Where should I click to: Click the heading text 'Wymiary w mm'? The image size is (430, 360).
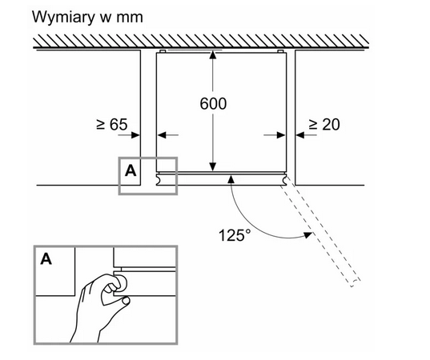pyautogui.click(x=87, y=17)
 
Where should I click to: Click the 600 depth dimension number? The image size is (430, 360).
pyautogui.click(x=213, y=103)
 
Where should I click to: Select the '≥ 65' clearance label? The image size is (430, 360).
pyautogui.click(x=112, y=124)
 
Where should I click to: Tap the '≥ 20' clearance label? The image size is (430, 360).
pyautogui.click(x=324, y=124)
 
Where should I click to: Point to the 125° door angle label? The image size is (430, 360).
pyautogui.click(x=235, y=235)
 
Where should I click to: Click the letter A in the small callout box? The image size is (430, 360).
pyautogui.click(x=131, y=171)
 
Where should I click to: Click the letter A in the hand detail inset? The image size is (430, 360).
pyautogui.click(x=46, y=258)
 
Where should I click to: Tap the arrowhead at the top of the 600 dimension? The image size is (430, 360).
pyautogui.click(x=213, y=54)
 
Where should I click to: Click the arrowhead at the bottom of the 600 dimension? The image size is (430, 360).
pyautogui.click(x=213, y=167)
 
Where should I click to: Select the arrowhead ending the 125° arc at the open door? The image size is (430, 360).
pyautogui.click(x=308, y=234)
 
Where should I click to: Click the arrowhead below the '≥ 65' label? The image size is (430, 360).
pyautogui.click(x=135, y=134)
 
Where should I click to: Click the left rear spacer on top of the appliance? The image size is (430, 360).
pyautogui.click(x=162, y=51)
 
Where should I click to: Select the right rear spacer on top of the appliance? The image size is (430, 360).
pyautogui.click(x=280, y=51)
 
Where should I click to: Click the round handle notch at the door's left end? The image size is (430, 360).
pyautogui.click(x=159, y=179)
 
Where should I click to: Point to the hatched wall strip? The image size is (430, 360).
pyautogui.click(x=201, y=42)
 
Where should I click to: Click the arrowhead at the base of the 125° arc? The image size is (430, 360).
pyautogui.click(x=231, y=180)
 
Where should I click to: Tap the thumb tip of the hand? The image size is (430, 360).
pyautogui.click(x=127, y=301)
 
